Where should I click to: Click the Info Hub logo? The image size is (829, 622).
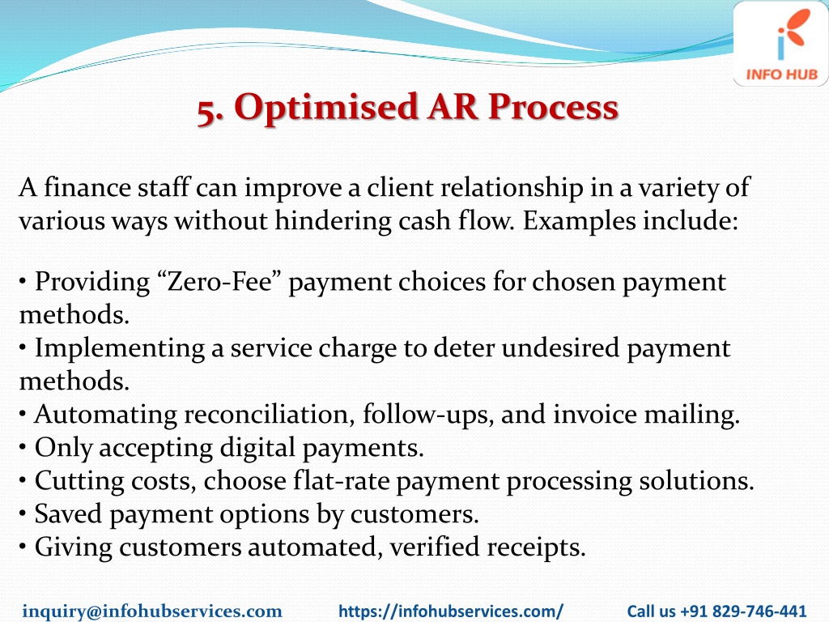coord(781,44)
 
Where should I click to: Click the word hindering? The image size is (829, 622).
coord(333,221)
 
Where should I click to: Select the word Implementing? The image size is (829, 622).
coord(120,349)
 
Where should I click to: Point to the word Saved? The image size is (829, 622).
coord(68,513)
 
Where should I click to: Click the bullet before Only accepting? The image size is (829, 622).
coord(22,448)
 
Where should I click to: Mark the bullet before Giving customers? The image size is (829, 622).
coord(22,547)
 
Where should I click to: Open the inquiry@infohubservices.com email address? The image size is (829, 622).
coord(152,611)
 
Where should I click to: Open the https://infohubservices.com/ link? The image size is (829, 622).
coord(451,611)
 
